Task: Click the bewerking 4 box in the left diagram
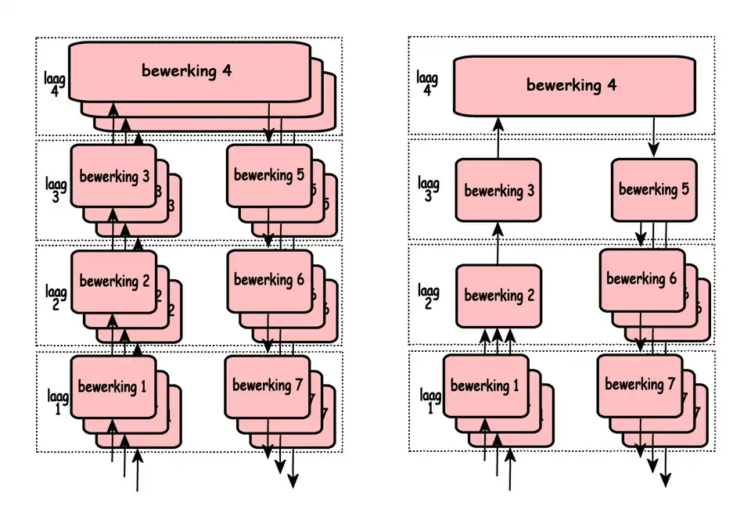click(186, 71)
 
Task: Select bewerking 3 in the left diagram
click(113, 176)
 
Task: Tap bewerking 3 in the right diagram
click(498, 190)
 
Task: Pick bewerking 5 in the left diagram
click(268, 175)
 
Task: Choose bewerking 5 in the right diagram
click(653, 189)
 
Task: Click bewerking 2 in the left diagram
click(113, 281)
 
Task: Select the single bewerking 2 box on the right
click(498, 296)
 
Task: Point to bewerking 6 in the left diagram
click(268, 279)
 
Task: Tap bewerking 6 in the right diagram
click(641, 278)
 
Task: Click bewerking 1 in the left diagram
click(113, 386)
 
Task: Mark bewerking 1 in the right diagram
click(485, 386)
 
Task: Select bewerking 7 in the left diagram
click(267, 385)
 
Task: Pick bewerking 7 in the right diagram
click(640, 384)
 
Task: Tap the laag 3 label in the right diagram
click(428, 189)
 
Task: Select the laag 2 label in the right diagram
click(428, 296)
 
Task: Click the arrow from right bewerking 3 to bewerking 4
click(498, 138)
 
